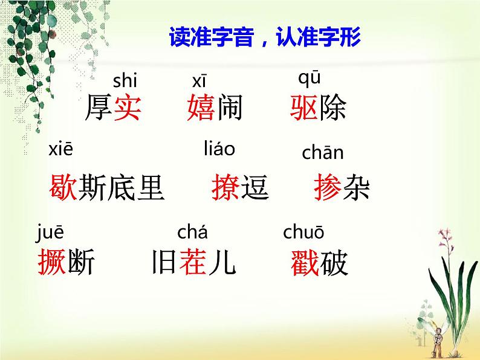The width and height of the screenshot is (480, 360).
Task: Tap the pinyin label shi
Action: click(125, 80)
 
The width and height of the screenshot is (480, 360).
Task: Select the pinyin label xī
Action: click(199, 81)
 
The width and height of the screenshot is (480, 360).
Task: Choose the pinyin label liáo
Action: click(219, 148)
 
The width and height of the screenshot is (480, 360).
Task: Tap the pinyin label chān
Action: click(322, 153)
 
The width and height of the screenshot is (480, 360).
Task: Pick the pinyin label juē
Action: click(50, 231)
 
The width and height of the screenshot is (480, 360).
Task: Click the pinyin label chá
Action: click(192, 231)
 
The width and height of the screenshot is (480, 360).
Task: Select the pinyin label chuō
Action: click(303, 232)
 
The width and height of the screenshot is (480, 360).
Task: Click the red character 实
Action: click(127, 108)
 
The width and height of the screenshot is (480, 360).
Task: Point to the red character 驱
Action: click(304, 108)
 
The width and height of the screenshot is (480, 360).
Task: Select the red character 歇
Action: click(62, 187)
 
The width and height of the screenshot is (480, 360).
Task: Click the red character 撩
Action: click(225, 187)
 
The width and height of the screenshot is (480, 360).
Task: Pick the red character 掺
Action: click(328, 187)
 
